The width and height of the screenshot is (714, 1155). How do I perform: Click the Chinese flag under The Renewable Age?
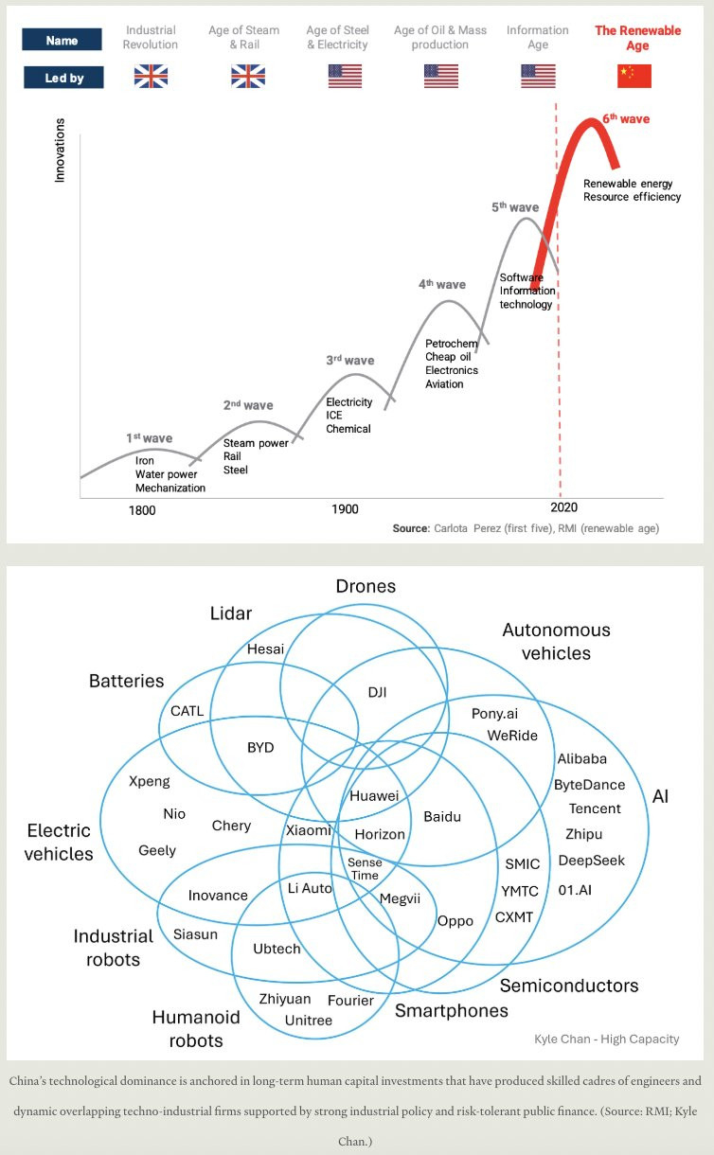(634, 76)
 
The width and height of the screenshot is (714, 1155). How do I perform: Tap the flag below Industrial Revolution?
(151, 76)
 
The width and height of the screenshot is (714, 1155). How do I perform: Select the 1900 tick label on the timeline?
(345, 509)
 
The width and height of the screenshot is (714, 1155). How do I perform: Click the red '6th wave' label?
(626, 119)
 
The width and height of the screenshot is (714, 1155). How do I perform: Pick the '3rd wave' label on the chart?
(350, 361)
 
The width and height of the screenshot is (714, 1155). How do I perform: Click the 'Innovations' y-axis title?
(61, 150)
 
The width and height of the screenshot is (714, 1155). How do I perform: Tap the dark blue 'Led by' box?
(63, 78)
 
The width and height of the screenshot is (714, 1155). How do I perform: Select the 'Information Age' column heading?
(537, 37)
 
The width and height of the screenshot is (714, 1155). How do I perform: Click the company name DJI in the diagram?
(377, 692)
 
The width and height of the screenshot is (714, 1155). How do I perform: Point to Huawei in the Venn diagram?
(374, 796)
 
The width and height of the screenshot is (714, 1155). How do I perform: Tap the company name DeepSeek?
(591, 861)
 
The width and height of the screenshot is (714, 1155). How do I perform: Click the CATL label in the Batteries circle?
(187, 711)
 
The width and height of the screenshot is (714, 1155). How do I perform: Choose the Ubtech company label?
(277, 949)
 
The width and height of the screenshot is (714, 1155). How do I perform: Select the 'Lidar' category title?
(231, 613)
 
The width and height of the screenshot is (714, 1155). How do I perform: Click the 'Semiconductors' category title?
(569, 986)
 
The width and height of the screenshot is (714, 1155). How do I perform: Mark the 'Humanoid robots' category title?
(196, 1029)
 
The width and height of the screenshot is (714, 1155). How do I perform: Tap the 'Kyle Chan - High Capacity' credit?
(606, 1039)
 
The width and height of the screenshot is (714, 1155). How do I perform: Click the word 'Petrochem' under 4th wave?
(451, 344)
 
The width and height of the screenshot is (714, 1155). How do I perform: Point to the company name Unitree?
(309, 1021)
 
